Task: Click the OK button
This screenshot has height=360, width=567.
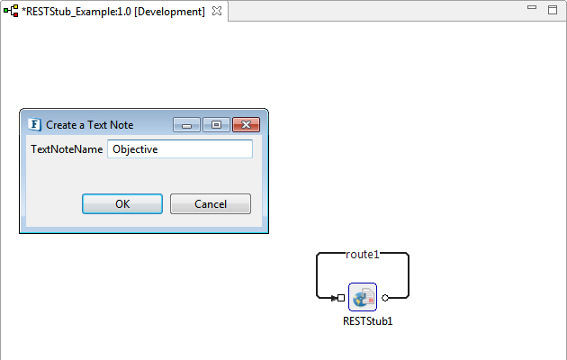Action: (122, 204)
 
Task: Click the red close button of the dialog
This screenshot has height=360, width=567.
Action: (246, 125)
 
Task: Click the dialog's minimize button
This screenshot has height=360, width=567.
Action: (186, 125)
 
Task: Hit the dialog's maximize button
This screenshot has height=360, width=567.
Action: (216, 125)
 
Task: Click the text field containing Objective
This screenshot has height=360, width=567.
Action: (180, 148)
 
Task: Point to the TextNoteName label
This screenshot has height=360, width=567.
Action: (67, 149)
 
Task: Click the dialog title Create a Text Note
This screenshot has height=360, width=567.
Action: (90, 125)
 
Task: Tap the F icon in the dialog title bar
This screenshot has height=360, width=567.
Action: (34, 125)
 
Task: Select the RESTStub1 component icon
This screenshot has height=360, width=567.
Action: (363, 297)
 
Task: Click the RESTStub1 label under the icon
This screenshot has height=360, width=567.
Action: (368, 321)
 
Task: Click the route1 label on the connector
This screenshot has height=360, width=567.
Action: (363, 255)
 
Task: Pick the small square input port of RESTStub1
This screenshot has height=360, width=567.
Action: (340, 298)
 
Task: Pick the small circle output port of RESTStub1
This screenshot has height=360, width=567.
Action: (385, 298)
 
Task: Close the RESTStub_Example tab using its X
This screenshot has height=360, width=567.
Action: (217, 11)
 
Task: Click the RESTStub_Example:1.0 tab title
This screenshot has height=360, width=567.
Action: (113, 12)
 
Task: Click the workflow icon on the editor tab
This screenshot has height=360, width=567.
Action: (11, 11)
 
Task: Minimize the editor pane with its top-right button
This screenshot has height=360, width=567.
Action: (532, 7)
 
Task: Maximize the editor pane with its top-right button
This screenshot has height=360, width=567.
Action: (553, 10)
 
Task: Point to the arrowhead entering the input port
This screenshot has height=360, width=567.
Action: (334, 298)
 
